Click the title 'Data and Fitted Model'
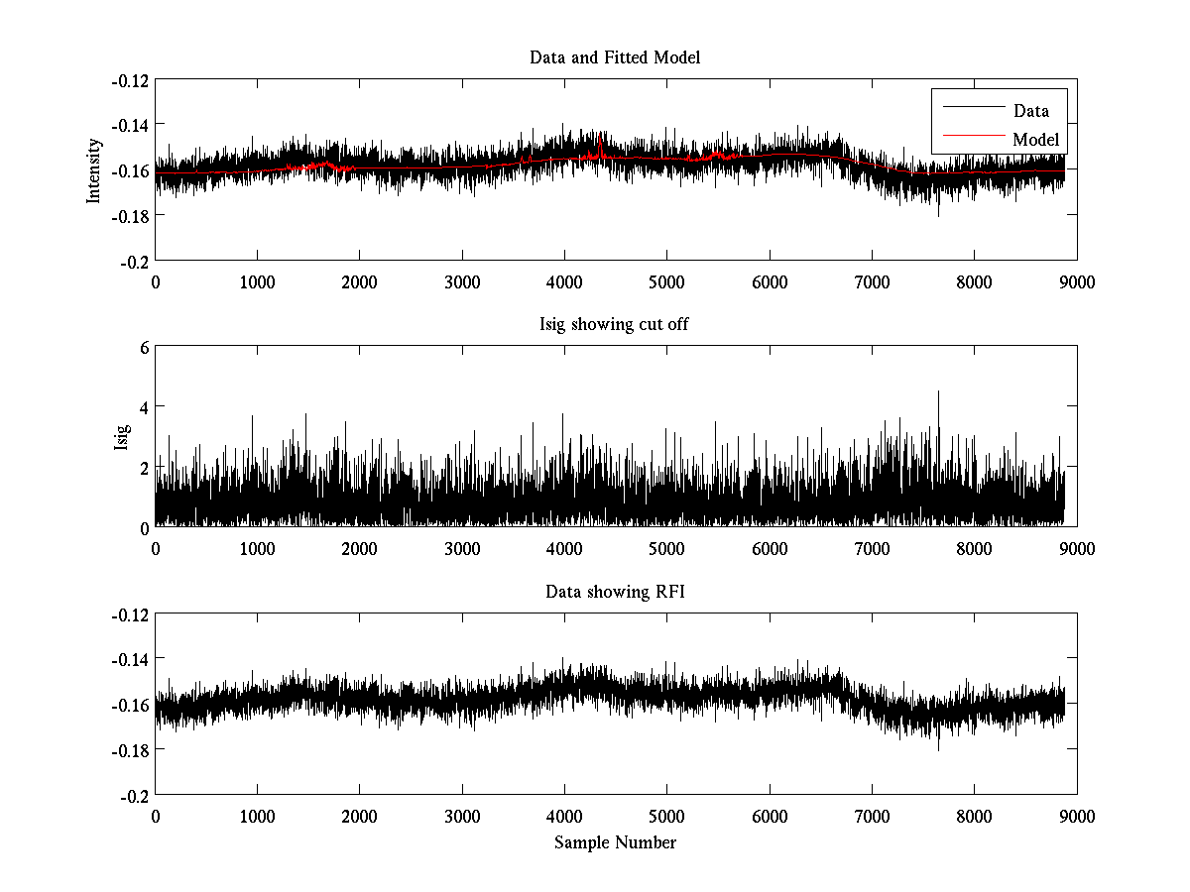(615, 57)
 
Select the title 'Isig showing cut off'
(615, 325)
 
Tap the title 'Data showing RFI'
(615, 593)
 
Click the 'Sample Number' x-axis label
(615, 843)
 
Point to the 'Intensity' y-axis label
(94, 169)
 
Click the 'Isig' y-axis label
(121, 437)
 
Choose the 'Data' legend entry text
(1030, 111)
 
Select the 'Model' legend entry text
(1035, 140)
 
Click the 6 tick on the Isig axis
(144, 347)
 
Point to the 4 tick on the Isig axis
(144, 406)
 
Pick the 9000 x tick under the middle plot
(1077, 549)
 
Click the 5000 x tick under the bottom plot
(666, 817)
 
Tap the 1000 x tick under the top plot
(258, 281)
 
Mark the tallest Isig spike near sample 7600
(938, 392)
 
